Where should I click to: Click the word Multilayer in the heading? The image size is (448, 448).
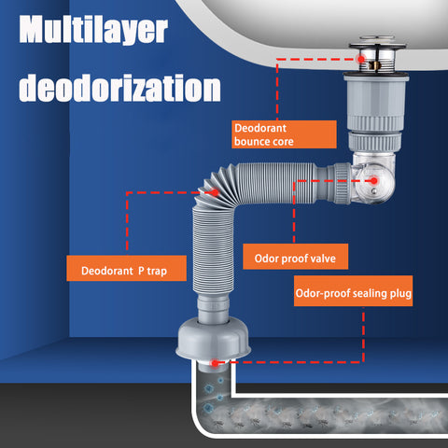(x=93, y=30)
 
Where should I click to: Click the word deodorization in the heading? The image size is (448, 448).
(x=119, y=88)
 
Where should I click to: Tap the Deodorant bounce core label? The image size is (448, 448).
(x=284, y=134)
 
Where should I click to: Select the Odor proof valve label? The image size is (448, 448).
(x=295, y=257)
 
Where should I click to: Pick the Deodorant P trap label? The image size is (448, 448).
(x=126, y=268)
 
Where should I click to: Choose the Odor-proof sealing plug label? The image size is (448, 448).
(x=353, y=291)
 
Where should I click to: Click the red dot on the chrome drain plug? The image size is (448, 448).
(x=361, y=59)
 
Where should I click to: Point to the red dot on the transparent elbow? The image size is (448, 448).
(x=374, y=180)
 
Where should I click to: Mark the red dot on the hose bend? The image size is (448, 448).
(x=215, y=193)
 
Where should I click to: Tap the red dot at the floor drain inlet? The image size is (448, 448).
(x=215, y=363)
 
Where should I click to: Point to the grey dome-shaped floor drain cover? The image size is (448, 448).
(x=214, y=338)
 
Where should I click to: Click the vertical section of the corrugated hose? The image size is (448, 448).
(x=213, y=249)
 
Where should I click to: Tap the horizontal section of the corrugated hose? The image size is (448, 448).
(x=277, y=183)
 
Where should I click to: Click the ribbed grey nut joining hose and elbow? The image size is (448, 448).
(x=342, y=183)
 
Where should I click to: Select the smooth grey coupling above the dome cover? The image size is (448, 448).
(x=214, y=308)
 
